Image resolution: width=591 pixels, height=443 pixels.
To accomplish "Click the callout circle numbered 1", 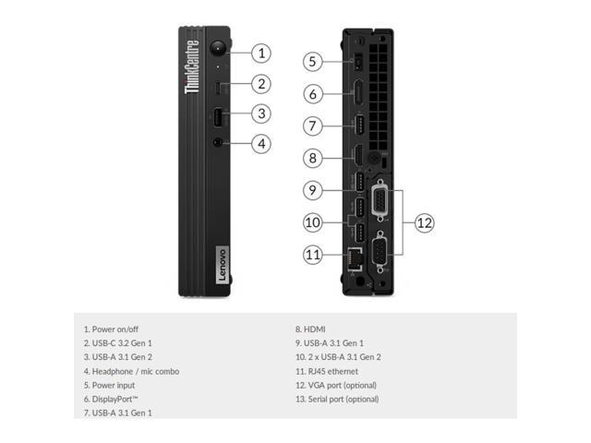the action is click(x=262, y=53).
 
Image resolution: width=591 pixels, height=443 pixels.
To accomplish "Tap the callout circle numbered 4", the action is click(x=262, y=143).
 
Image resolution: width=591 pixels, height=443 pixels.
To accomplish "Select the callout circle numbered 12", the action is click(x=424, y=222).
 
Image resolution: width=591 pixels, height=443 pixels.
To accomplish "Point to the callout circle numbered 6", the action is click(x=313, y=93).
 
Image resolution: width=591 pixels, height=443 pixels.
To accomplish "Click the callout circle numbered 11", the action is click(x=313, y=254).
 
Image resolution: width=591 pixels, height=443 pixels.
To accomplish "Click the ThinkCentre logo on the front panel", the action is click(x=192, y=67).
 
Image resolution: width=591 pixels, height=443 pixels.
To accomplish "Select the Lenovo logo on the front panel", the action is click(x=219, y=263).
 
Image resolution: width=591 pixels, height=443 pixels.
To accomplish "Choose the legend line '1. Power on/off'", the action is click(x=111, y=329).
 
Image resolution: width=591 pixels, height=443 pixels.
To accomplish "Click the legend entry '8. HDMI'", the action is click(x=310, y=329).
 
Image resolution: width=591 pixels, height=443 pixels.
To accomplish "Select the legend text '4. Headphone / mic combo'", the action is click(x=131, y=371).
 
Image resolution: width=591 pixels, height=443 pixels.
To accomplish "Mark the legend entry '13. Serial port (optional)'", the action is click(x=336, y=399).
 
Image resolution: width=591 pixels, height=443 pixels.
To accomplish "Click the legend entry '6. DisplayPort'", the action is click(x=115, y=399).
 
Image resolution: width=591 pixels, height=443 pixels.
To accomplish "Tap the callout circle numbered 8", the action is click(x=313, y=158).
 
